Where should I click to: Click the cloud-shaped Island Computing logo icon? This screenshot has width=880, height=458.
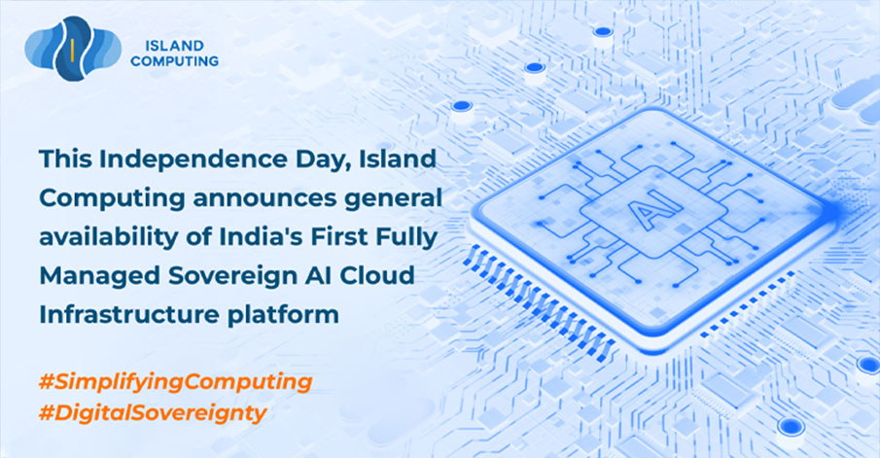[73, 49]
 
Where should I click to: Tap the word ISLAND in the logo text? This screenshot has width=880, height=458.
[174, 46]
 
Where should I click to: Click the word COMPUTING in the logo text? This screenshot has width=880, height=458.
[174, 61]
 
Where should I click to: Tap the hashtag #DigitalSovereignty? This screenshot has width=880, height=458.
[153, 414]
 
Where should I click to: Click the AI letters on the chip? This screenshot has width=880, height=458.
[652, 213]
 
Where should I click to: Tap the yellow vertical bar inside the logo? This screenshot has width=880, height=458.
[72, 49]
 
